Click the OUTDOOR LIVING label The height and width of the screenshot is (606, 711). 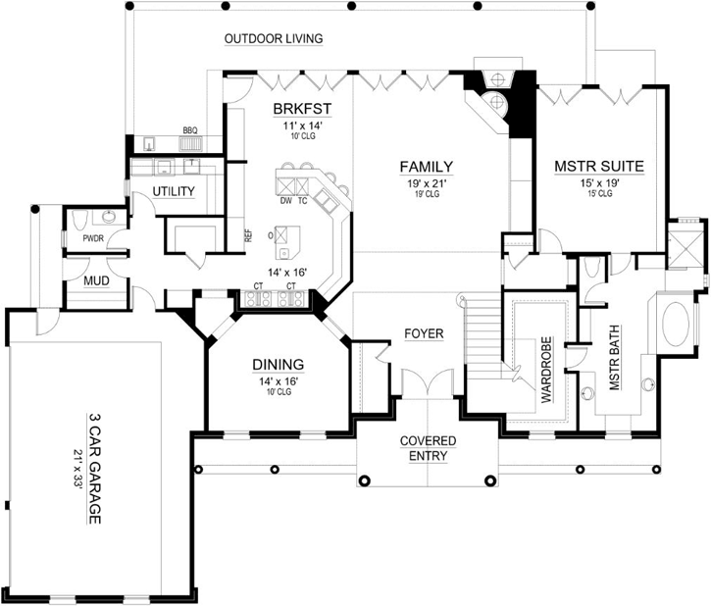click(x=274, y=39)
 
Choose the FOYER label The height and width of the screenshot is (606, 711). click(x=424, y=334)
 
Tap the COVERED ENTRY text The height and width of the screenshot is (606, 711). click(x=424, y=448)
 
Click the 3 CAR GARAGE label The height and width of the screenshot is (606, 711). click(x=95, y=468)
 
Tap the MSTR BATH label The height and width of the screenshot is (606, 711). click(x=615, y=364)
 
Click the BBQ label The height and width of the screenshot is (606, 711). click(x=190, y=130)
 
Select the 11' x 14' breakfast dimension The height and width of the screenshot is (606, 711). click(x=299, y=126)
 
